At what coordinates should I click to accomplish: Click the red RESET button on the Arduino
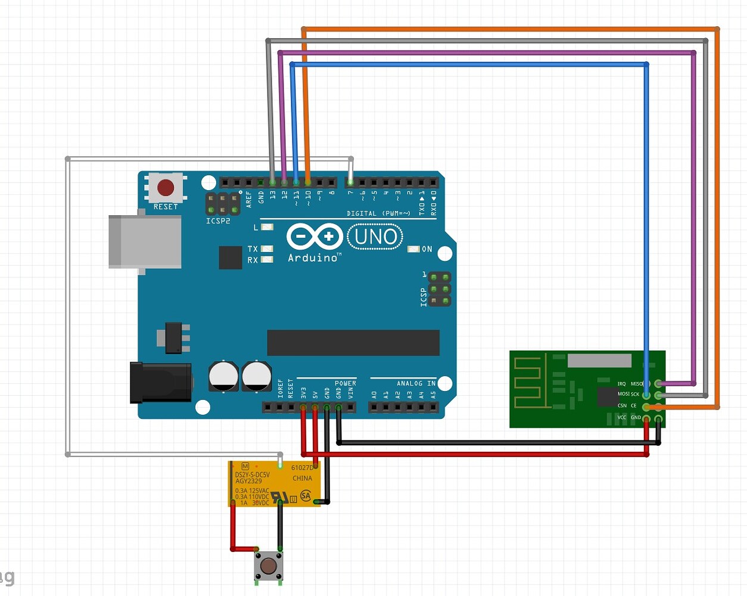coord(166,188)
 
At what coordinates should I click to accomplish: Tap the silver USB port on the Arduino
coord(145,242)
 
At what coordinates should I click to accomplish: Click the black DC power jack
coord(161,382)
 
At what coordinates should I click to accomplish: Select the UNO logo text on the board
coord(375,237)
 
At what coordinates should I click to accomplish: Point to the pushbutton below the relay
coord(269,565)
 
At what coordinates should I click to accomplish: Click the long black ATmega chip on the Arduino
coord(353,343)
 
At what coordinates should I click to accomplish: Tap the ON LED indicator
coord(413,249)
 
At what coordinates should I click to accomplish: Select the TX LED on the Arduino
coord(267,249)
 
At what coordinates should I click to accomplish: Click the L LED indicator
coord(267,227)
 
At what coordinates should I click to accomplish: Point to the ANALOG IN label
coord(416,383)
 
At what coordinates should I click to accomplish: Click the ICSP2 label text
coord(218,221)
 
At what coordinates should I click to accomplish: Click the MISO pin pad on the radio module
coord(658,384)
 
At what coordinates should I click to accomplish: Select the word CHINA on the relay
coord(302,478)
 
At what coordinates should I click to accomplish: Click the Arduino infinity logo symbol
coord(314,237)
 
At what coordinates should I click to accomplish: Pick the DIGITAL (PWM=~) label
coord(378,213)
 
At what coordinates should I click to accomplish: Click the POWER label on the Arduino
coord(345,383)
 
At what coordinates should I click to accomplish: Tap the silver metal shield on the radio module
coord(599,361)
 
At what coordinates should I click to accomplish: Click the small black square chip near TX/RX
coord(231,257)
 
